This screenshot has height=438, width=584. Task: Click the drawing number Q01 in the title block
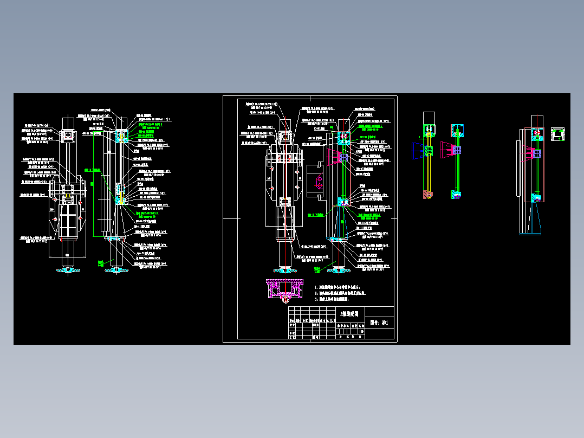click(380, 323)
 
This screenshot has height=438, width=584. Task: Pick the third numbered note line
click(339, 299)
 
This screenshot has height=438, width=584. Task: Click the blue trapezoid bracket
click(418, 151)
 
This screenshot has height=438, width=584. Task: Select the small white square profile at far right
click(557, 134)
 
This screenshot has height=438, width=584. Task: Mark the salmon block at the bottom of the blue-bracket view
click(429, 195)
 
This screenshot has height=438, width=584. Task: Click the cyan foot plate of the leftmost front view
click(68, 269)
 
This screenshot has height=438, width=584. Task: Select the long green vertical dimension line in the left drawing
click(93, 184)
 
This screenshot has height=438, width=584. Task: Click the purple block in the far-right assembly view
click(536, 199)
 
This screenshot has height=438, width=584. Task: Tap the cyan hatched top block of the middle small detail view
click(456, 130)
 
